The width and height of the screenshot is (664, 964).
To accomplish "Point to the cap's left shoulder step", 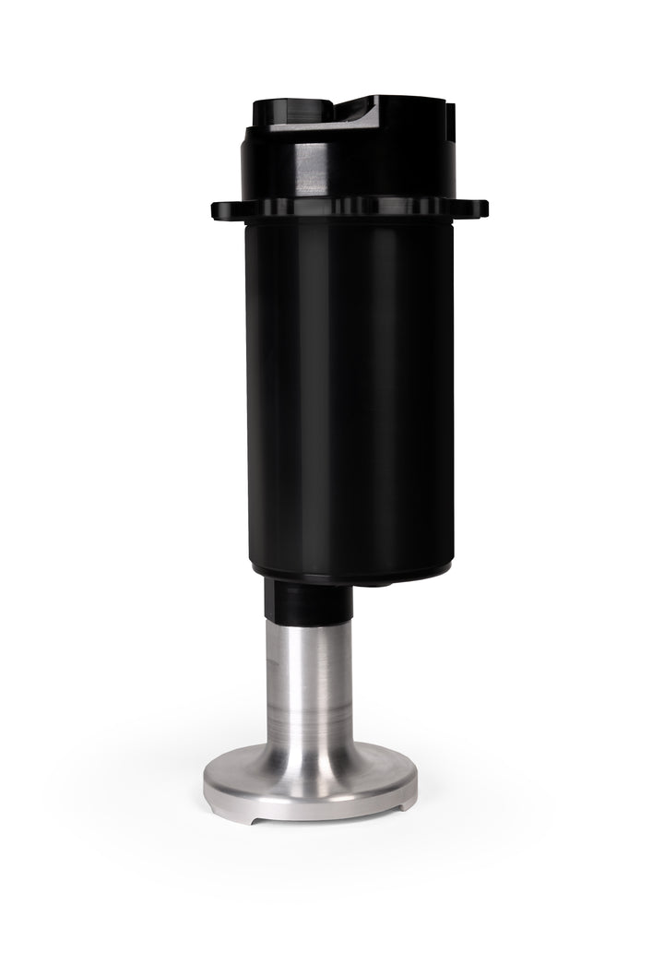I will (x=252, y=138).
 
